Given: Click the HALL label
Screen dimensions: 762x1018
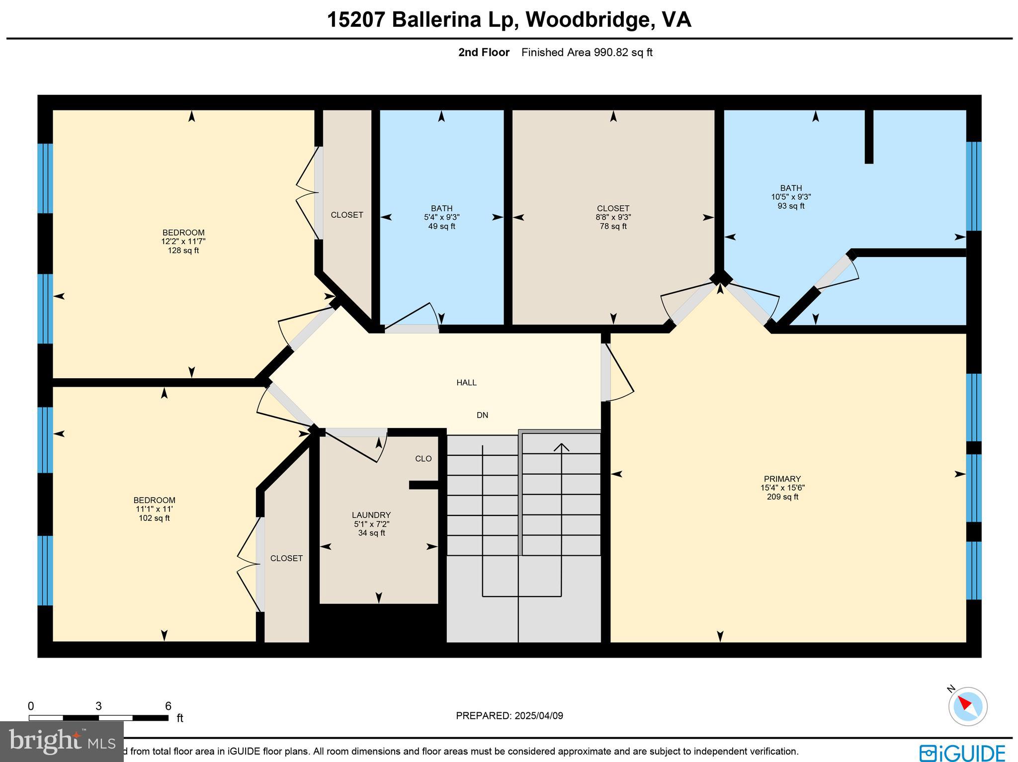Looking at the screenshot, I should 466,383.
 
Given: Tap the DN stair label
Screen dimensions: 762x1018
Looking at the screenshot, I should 482,415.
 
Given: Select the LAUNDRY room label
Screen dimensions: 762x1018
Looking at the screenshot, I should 371,515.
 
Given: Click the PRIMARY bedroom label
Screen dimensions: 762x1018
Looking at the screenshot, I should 782,479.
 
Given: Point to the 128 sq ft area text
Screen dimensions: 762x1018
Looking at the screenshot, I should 183,251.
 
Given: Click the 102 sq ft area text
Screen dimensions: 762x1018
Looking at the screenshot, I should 154,518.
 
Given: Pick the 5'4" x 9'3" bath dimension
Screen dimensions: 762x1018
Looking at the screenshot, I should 441,217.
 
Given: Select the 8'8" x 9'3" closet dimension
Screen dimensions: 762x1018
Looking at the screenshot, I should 613,217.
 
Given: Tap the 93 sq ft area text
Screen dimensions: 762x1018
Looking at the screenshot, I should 791,206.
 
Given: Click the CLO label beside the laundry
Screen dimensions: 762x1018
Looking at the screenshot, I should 424,459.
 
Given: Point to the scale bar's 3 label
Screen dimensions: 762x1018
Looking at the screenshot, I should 98,706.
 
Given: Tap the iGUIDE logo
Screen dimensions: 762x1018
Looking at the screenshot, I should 962,753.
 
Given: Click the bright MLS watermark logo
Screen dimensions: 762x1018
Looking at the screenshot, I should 62,742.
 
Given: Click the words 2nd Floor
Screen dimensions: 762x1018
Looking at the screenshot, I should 484,52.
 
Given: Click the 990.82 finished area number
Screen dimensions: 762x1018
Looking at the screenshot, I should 611,52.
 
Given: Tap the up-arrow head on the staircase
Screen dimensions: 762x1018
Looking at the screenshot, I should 561,446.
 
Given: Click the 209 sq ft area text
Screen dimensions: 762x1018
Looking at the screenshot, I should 782,497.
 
